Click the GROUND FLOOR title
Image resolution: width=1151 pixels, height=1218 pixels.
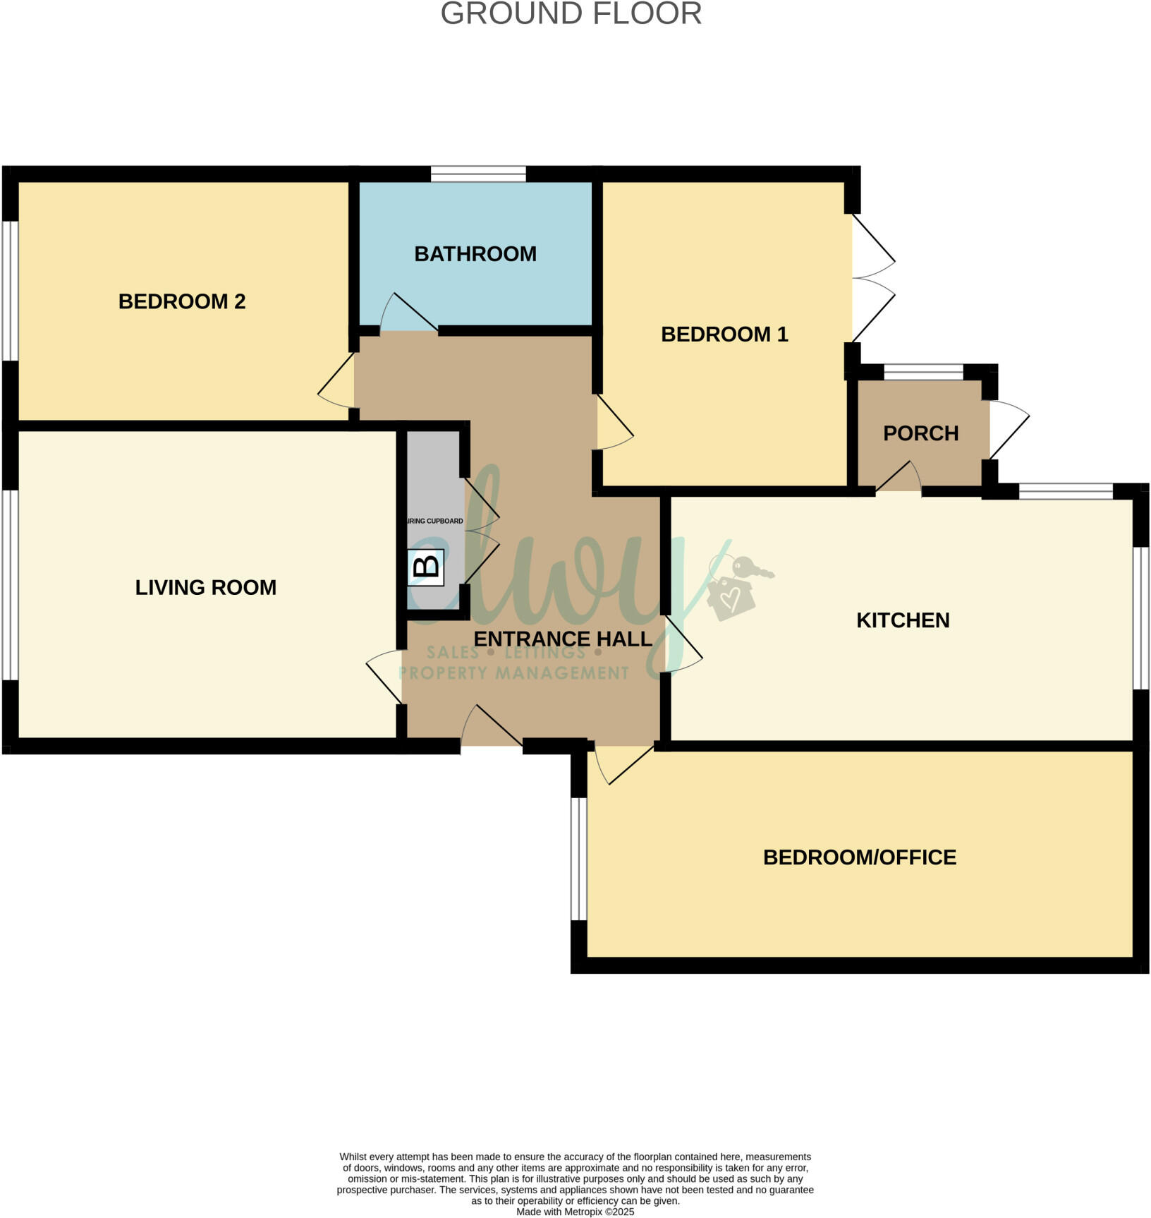tap(571, 14)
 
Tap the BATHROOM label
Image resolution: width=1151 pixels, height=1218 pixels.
tap(475, 254)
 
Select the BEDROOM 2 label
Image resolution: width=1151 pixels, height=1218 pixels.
tap(181, 301)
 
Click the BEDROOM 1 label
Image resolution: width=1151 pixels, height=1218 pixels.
tap(724, 334)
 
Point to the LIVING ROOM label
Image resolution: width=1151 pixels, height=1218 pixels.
tap(205, 587)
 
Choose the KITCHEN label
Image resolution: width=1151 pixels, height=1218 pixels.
tap(902, 620)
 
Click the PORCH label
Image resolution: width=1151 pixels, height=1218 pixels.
tap(920, 433)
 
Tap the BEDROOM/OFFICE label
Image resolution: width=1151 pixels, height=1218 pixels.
tap(859, 857)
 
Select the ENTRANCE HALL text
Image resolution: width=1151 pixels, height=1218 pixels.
tap(562, 639)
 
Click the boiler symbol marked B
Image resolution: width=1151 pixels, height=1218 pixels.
tap(425, 567)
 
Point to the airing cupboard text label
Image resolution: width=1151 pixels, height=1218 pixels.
tap(436, 521)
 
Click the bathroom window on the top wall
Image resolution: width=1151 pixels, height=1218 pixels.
tap(478, 174)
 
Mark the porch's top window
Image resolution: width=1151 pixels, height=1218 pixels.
tap(923, 372)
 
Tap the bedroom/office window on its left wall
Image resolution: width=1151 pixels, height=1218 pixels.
tap(578, 858)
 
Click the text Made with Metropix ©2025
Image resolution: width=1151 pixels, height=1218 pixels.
tap(575, 1212)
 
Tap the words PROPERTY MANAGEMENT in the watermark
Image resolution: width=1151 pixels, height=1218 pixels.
tap(513, 673)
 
